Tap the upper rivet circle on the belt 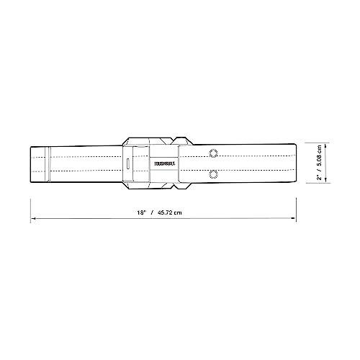point(212,152)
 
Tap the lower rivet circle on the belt point(212,174)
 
